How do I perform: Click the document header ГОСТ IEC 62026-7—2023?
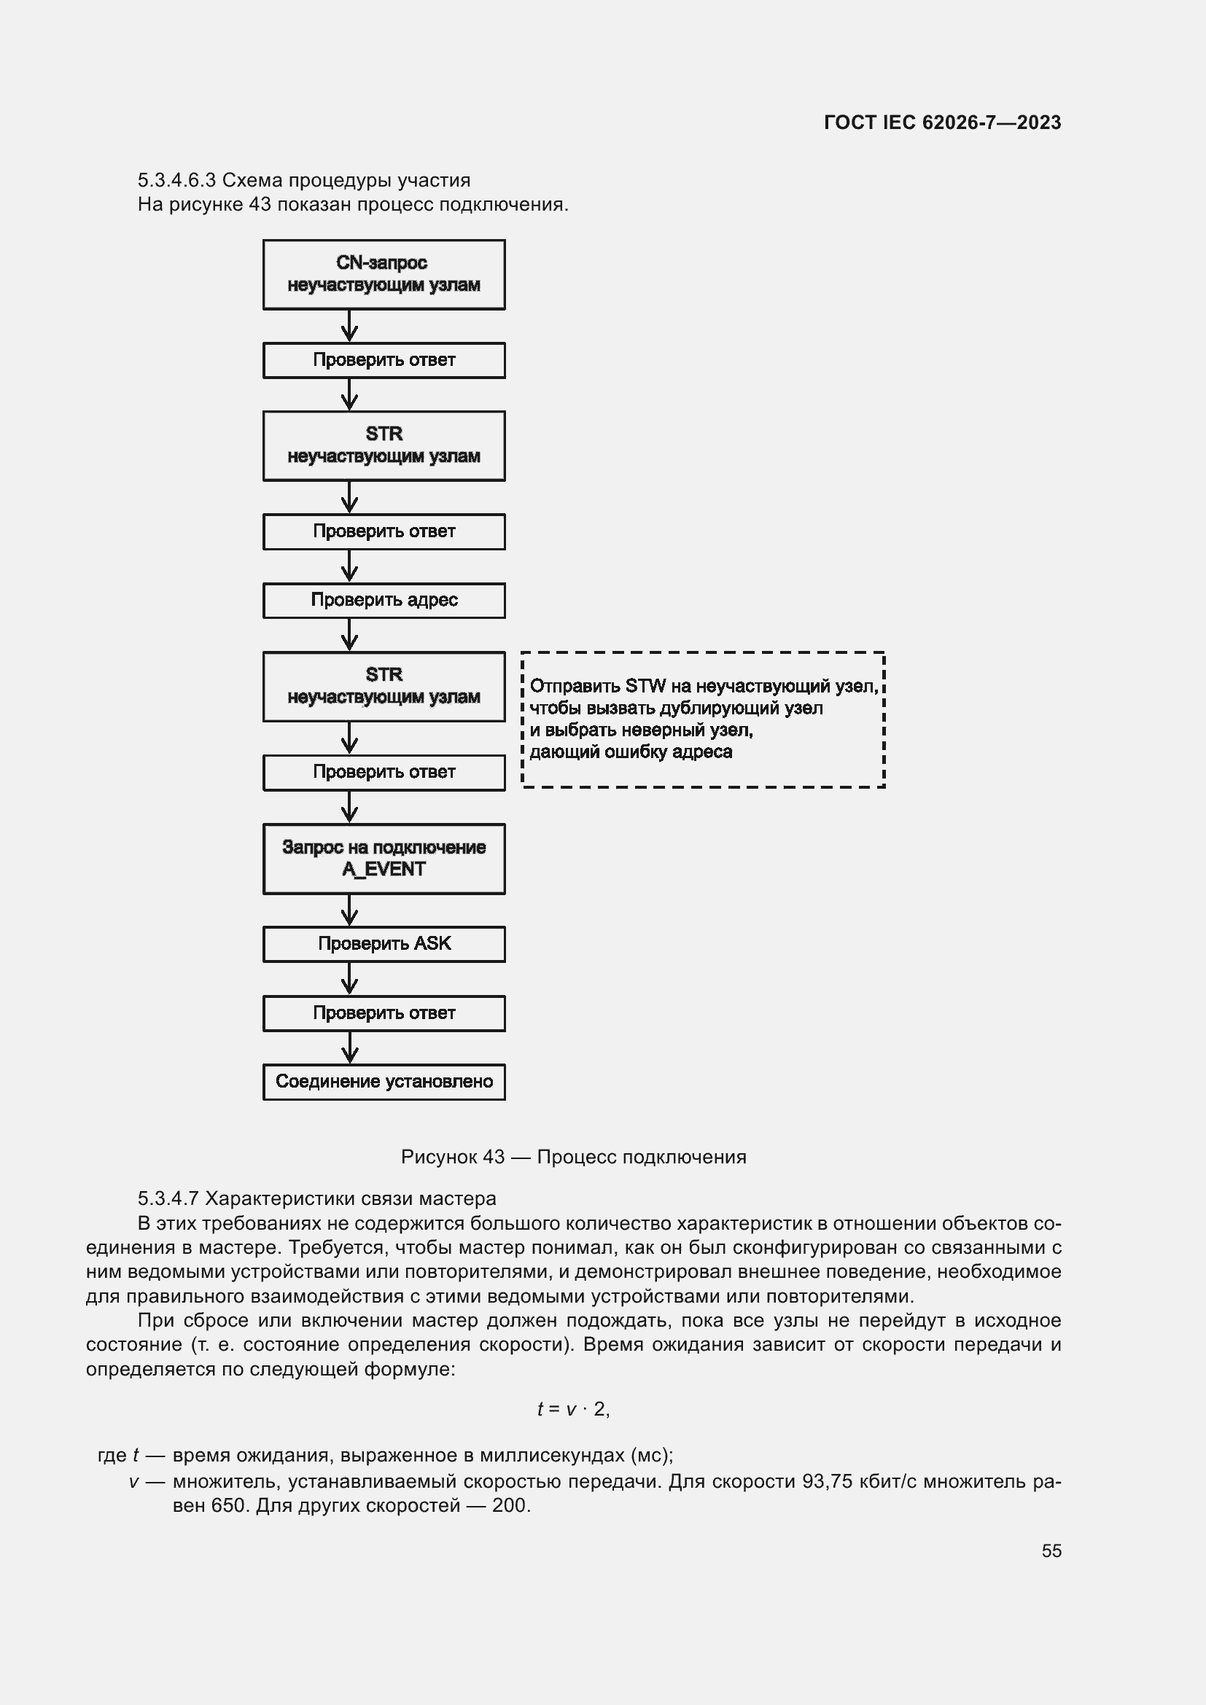tap(941, 122)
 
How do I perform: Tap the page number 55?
tap(1051, 1550)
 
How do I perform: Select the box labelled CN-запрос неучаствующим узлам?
tap(384, 274)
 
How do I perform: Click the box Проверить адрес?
tap(384, 600)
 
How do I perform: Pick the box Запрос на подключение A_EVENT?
tap(384, 859)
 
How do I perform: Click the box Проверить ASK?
tap(384, 944)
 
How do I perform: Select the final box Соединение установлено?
tap(384, 1082)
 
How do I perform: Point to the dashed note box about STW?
tap(702, 719)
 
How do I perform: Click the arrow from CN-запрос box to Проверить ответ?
tap(349, 326)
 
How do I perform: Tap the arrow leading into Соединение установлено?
tap(349, 1047)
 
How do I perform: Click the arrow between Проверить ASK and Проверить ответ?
tap(349, 979)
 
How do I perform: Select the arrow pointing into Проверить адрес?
tap(349, 566)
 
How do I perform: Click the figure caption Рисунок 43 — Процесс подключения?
tap(573, 1157)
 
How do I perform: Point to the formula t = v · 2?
tap(573, 1409)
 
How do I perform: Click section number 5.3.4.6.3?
tap(176, 181)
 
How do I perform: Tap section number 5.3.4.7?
tap(168, 1198)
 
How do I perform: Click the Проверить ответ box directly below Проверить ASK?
tap(384, 1013)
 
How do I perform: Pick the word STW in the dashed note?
tap(645, 686)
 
